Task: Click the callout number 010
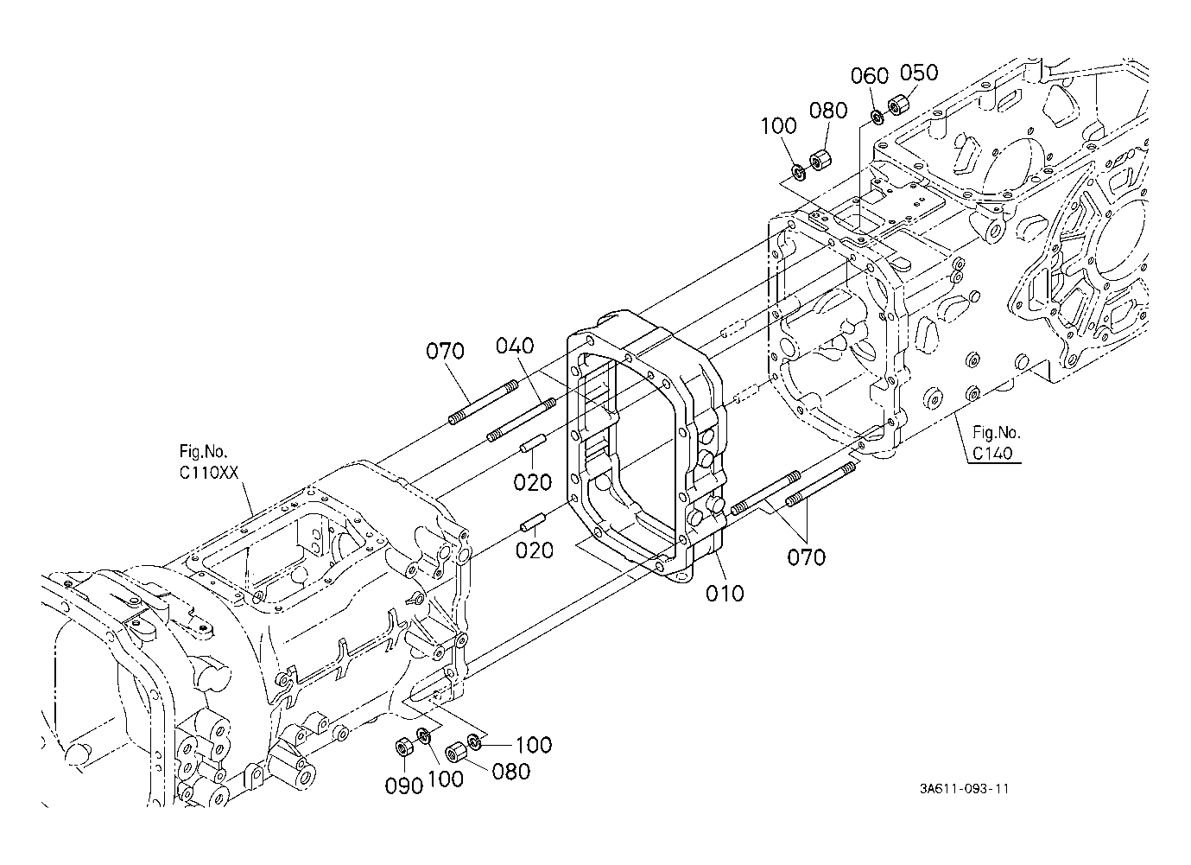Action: [724, 593]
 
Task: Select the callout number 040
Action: [515, 347]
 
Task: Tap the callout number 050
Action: [919, 73]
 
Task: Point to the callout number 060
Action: [870, 76]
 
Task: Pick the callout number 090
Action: [403, 786]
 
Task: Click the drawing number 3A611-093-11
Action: [964, 788]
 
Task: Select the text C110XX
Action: [209, 473]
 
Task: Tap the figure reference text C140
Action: [992, 454]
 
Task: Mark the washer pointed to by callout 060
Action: [877, 117]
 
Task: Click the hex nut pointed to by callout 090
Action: [403, 747]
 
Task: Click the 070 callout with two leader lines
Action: [806, 557]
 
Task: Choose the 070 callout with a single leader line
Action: [445, 351]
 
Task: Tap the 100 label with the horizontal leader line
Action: [533, 745]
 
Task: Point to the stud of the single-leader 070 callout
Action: [484, 402]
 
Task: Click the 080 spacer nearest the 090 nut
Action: [456, 753]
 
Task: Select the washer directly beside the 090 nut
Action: [424, 736]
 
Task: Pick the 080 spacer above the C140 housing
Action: [820, 159]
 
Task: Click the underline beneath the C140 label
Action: [994, 463]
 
